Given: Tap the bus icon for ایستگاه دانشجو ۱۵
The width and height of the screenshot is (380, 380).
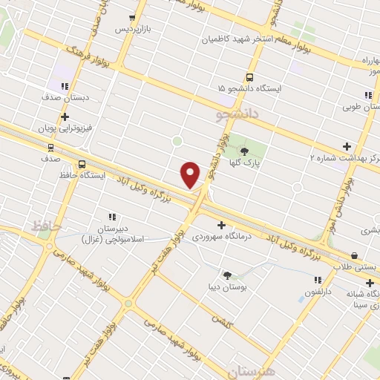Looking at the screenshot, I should coord(249,76).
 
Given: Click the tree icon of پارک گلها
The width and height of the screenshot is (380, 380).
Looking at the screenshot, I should coord(244,151).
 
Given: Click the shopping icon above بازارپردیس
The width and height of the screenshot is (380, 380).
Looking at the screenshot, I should coord(133,18).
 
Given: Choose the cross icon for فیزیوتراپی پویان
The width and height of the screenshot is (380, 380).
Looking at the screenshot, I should coord(65,117).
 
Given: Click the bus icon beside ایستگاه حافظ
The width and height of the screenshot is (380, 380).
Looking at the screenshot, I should coord(82,164).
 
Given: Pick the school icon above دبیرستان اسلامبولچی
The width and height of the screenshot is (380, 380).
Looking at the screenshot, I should coord(114,208).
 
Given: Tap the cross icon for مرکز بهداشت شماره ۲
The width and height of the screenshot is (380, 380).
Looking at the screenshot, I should coord(347,146).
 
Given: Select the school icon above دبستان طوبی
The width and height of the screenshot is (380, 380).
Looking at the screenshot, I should coord(368,95).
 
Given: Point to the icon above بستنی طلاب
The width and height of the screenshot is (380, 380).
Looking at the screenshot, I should coord(354,255).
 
